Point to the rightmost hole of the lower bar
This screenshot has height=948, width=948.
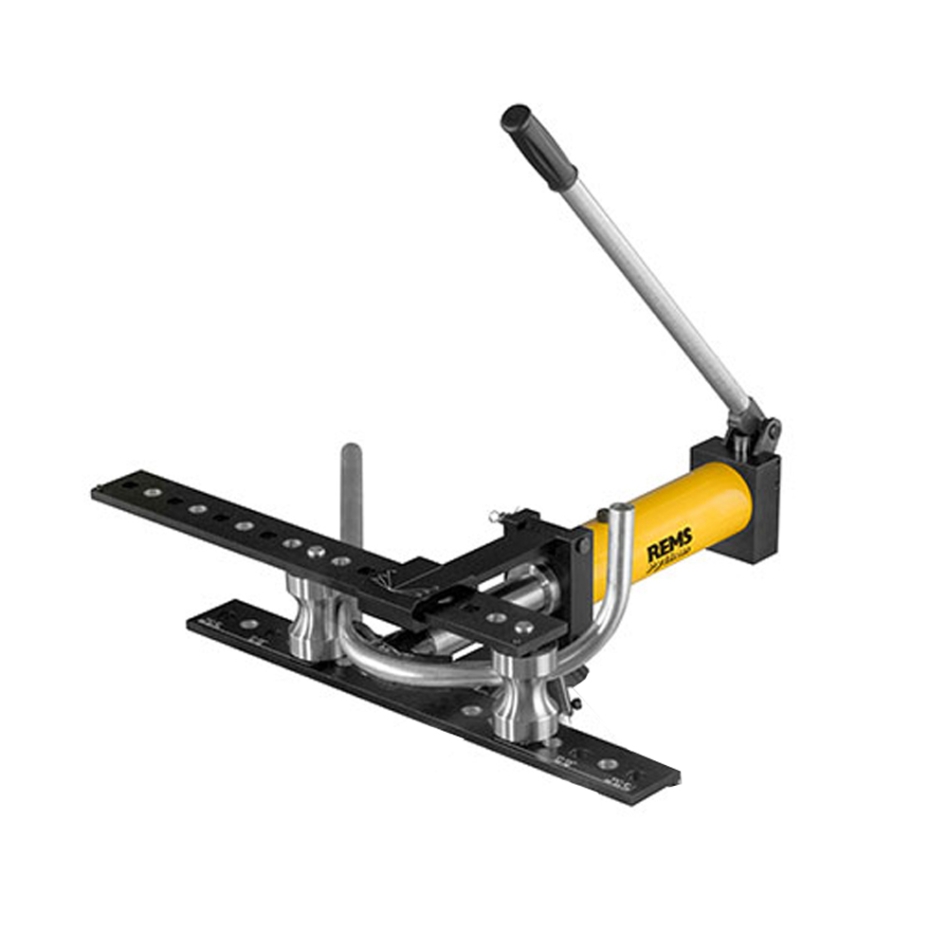coord(607,765)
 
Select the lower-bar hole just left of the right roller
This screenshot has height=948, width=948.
coord(471,711)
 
